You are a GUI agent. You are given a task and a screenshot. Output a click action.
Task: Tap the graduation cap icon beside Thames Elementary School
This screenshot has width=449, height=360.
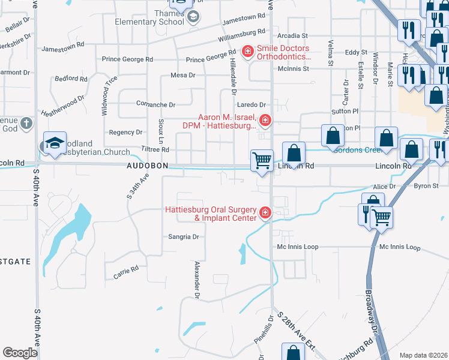(x=193, y=17)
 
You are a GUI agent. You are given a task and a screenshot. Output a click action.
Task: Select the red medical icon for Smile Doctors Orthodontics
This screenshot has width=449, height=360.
(x=247, y=52)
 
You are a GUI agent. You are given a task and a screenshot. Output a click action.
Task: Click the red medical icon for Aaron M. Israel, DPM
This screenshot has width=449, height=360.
(x=265, y=121)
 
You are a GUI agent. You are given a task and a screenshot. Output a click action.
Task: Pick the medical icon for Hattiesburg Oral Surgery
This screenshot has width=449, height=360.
(x=265, y=213)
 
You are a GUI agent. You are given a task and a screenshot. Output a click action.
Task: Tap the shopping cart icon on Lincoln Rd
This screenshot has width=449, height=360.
(x=262, y=161)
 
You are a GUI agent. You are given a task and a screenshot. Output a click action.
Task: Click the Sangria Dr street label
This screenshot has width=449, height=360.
(x=183, y=237)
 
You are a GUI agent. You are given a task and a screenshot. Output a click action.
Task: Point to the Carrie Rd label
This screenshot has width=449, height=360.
(x=126, y=272)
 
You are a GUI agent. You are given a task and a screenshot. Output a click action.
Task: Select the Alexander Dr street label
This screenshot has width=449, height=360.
(x=196, y=280)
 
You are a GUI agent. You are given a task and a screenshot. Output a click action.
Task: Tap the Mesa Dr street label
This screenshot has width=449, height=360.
(x=183, y=75)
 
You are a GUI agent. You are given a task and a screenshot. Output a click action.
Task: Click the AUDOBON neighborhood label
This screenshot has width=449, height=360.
(x=146, y=165)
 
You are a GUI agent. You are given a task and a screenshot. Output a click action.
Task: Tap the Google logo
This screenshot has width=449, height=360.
(x=20, y=353)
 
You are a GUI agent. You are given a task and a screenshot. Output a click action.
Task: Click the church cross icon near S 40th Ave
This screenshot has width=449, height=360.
(x=26, y=124)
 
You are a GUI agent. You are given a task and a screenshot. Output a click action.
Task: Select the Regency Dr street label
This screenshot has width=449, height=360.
(x=125, y=132)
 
